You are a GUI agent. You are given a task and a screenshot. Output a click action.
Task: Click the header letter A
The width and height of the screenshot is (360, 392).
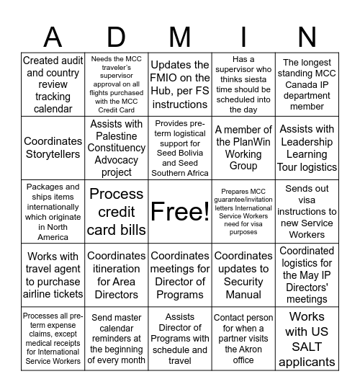click(x=53, y=36)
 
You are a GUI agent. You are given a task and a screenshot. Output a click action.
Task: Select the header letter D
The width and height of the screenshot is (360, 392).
click(x=116, y=36)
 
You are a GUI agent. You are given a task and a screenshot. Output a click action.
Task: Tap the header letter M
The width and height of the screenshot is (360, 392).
click(x=180, y=36)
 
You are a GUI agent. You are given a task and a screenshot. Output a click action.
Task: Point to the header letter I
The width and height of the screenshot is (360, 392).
click(x=243, y=36)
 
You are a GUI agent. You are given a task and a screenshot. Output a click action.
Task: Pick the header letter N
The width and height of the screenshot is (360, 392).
click(x=307, y=36)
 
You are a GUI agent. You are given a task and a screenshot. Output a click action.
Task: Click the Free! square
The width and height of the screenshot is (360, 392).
click(x=180, y=212)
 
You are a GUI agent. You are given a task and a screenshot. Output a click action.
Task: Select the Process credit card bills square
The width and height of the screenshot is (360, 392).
click(x=116, y=212)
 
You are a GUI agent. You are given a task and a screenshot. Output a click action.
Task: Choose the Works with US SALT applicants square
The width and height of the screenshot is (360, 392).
click(x=307, y=338)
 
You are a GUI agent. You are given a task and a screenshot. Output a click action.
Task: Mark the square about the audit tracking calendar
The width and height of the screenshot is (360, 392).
click(x=53, y=85)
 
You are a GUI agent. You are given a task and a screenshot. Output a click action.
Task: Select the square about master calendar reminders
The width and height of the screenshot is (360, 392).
click(x=116, y=338)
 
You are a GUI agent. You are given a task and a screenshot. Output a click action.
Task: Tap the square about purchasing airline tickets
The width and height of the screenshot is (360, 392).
click(x=53, y=275)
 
